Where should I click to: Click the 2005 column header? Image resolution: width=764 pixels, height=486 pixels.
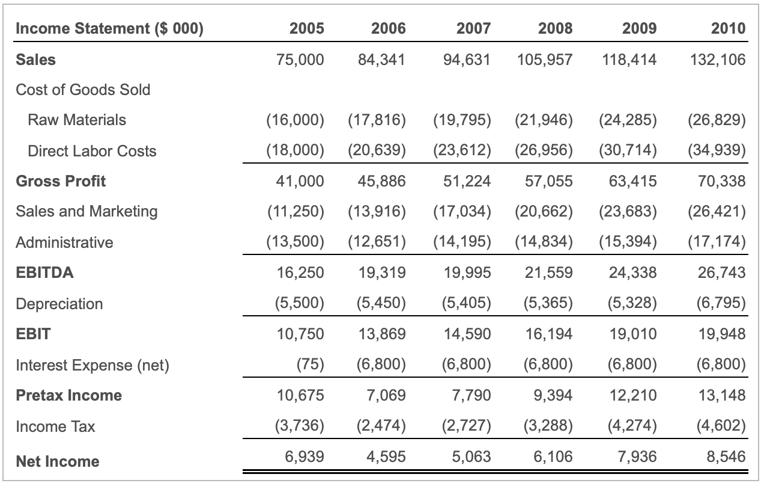306,28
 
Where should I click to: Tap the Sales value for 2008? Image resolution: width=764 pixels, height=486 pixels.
544,60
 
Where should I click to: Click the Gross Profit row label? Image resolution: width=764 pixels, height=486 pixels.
61,181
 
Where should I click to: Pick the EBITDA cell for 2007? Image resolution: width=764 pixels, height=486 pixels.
467,272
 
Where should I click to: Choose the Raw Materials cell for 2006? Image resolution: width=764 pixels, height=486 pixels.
377,120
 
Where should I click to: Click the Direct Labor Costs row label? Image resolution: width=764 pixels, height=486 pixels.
92,151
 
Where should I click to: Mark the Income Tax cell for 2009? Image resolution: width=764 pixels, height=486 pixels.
628,426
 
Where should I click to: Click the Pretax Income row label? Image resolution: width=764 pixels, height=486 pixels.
68,395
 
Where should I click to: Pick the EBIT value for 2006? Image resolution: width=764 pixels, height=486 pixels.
383,334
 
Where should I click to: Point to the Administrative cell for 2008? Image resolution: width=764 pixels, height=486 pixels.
544,242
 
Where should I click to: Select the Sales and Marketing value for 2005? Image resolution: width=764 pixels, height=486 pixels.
295,211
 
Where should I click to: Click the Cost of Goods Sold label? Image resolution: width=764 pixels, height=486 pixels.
83,90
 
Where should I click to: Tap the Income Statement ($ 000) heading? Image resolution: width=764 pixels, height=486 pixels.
110,28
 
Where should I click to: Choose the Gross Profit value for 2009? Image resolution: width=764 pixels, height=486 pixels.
633,181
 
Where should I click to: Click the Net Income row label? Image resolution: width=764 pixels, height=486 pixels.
58,461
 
